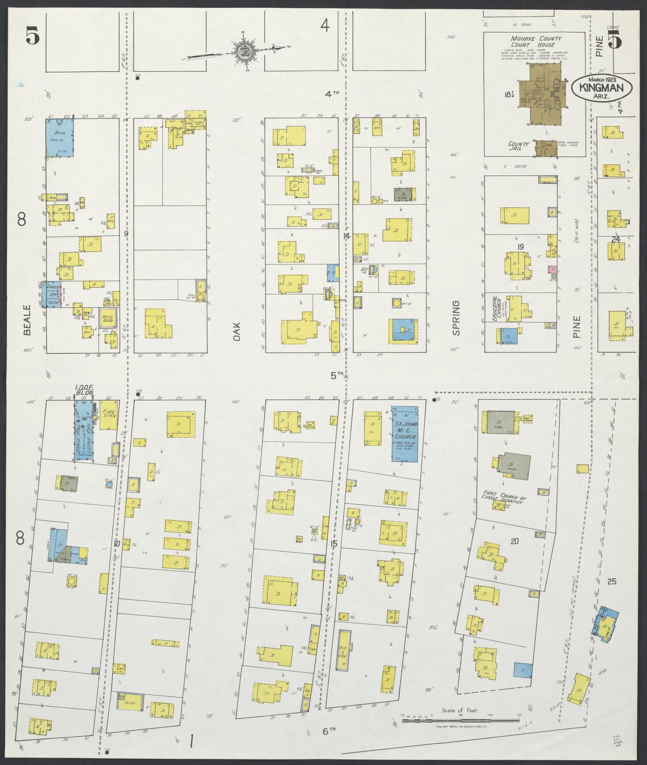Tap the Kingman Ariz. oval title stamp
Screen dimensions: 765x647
[x=601, y=86]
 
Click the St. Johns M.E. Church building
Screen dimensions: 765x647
[x=405, y=434]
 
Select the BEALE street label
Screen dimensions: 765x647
[x=27, y=320]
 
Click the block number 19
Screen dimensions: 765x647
[x=520, y=246]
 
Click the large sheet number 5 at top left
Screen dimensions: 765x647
[x=32, y=35]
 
